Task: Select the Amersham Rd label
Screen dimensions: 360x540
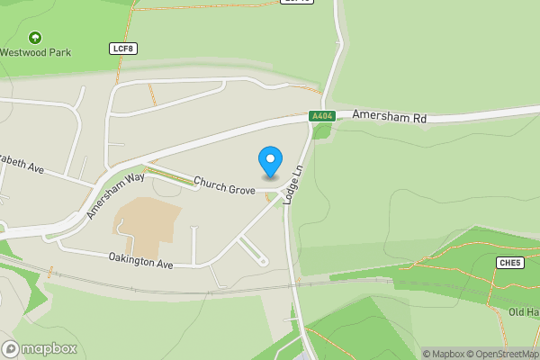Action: (389, 115)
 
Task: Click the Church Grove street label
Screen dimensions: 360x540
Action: (225, 184)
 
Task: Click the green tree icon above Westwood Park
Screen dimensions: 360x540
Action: (34, 38)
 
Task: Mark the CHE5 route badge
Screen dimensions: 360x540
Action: (509, 262)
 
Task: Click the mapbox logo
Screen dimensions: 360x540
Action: (40, 348)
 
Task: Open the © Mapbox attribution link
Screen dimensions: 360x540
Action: (446, 354)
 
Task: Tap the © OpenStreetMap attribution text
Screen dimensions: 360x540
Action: (506, 354)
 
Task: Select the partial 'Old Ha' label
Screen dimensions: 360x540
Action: (523, 311)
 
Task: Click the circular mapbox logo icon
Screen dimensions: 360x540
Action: (11, 348)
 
